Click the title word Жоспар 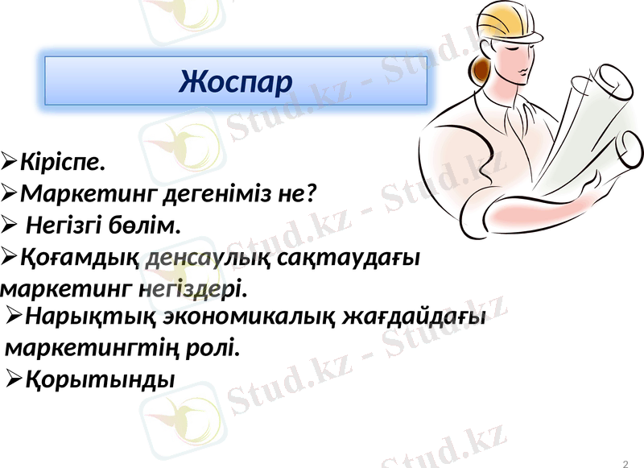(x=236, y=81)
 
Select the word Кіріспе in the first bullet (x=61, y=163)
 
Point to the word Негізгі (x=67, y=225)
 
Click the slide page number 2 (x=626, y=462)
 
